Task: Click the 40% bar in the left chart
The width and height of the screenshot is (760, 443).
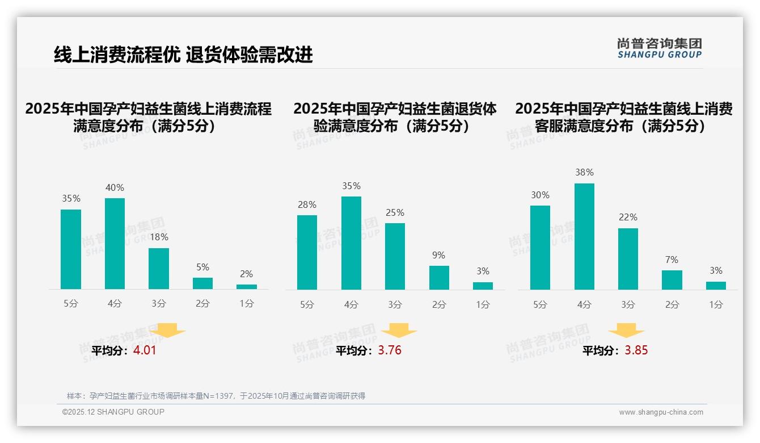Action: [x=115, y=244]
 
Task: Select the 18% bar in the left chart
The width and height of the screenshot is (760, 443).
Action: [x=159, y=269]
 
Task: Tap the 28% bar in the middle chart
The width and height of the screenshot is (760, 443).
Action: [x=307, y=252]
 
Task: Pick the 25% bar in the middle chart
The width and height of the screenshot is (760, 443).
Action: [x=395, y=256]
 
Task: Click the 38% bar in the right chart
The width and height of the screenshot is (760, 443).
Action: [x=584, y=236]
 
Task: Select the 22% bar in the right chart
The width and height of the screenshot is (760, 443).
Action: [x=628, y=259]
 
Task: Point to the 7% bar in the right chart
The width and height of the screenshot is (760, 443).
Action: [x=672, y=280]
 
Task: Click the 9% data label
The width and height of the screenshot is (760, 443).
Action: [x=438, y=256]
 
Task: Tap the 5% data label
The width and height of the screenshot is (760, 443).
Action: [x=202, y=267]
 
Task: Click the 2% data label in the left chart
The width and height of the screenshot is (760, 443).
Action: [x=246, y=274]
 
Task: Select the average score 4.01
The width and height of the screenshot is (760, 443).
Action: [x=145, y=350]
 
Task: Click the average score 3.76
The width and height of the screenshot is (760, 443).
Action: [x=390, y=350]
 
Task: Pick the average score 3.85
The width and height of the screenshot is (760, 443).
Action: [x=636, y=350]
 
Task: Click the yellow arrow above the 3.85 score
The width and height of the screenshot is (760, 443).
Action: [x=626, y=331]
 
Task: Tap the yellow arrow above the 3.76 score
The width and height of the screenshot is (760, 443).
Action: [x=399, y=331]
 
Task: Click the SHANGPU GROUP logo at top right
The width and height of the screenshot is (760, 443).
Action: [x=660, y=48]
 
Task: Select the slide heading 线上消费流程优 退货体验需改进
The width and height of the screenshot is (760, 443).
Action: [x=183, y=55]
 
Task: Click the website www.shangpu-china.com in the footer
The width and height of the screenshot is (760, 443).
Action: [x=661, y=412]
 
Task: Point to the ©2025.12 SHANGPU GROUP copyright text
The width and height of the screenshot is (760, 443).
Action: [x=113, y=412]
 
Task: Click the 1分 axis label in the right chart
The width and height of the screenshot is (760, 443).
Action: [x=716, y=304]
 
